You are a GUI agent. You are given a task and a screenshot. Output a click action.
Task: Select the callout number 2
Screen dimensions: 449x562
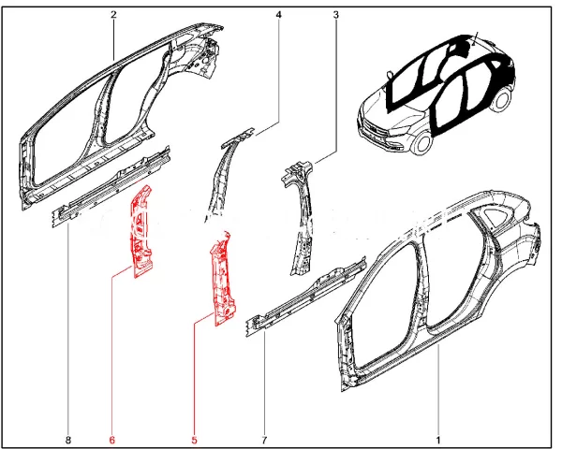tap(113, 15)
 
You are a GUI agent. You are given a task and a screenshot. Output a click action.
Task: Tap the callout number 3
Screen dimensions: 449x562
tap(335, 15)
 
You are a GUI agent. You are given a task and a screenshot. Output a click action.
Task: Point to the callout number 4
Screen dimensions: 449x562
tap(278, 15)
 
